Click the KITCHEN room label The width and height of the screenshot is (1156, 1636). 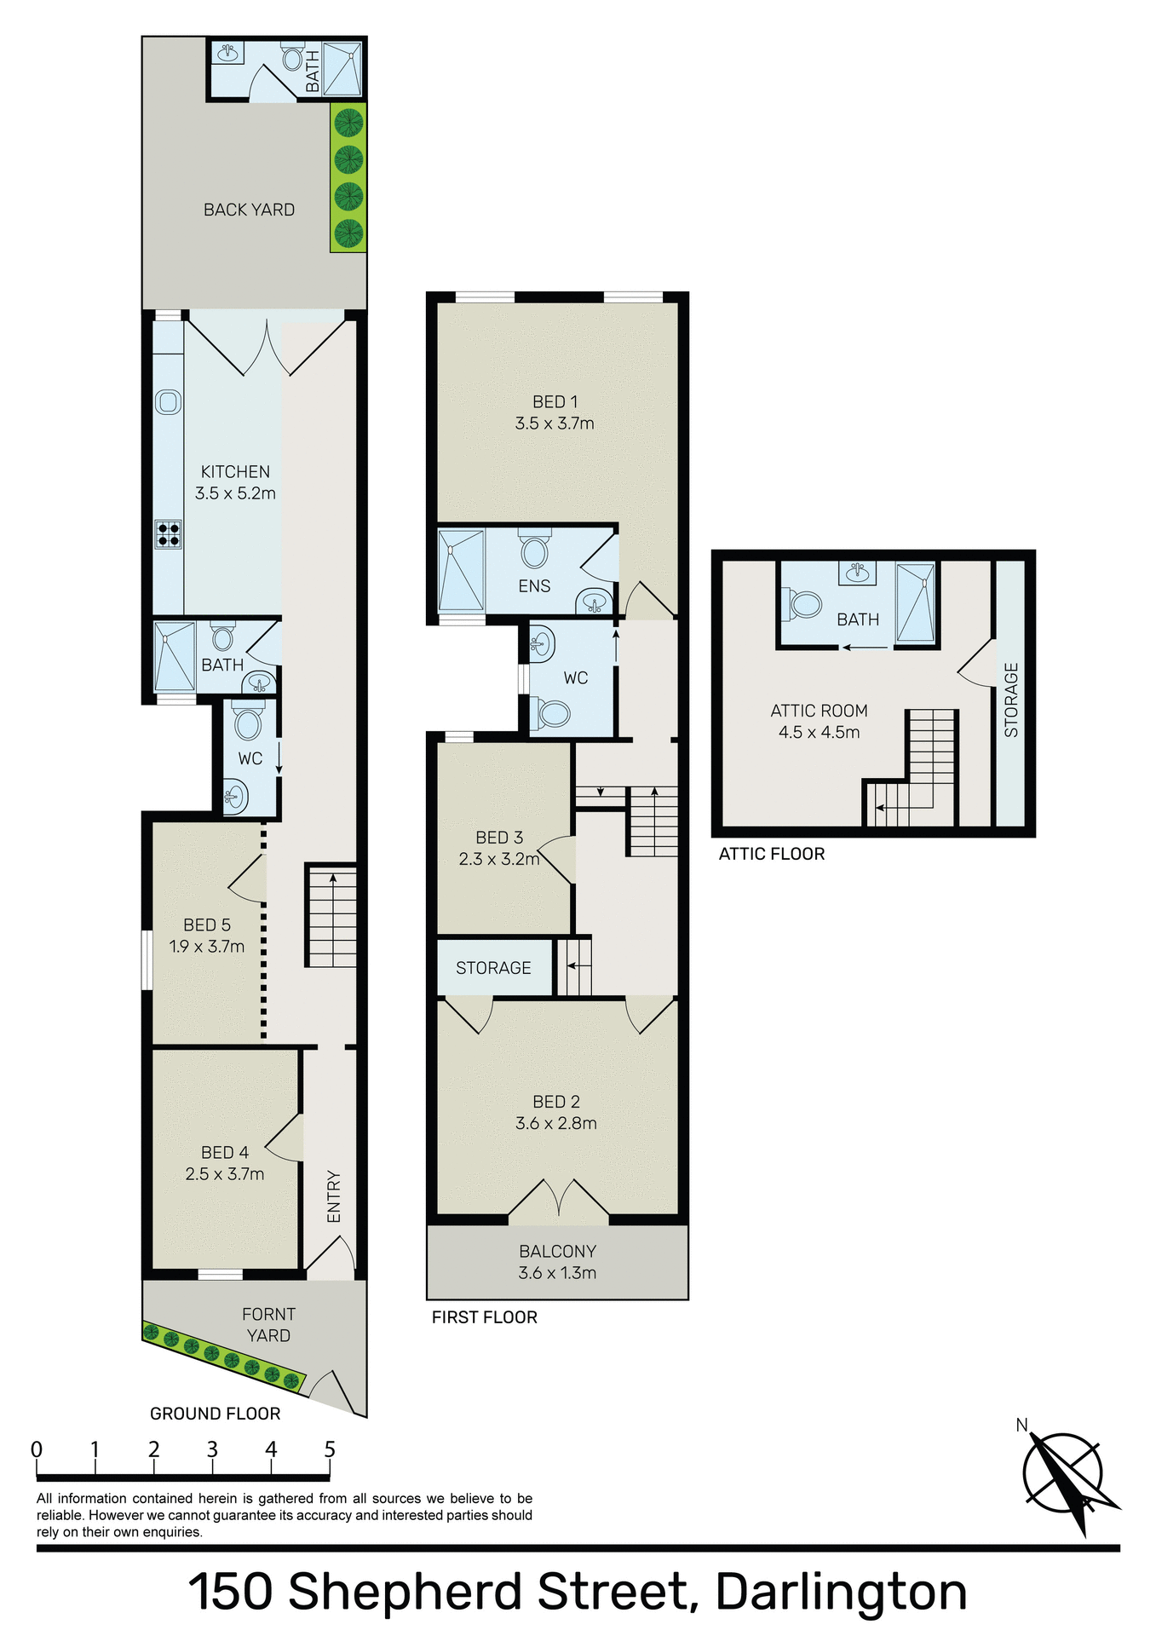[235, 471]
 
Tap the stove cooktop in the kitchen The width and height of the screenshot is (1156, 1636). [168, 534]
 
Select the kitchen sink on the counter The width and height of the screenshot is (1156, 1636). [168, 402]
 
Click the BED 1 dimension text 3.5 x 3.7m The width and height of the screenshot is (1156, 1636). [555, 423]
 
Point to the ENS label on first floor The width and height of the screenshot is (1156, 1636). [534, 586]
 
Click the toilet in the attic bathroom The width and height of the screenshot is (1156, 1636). [803, 604]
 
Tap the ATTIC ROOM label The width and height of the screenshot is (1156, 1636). [819, 711]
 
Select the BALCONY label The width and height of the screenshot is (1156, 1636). [557, 1251]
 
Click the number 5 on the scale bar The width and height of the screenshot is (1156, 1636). [330, 1449]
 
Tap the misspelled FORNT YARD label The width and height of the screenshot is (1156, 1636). [268, 1325]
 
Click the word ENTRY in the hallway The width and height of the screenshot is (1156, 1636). [334, 1196]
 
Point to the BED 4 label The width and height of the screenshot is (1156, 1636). [225, 1152]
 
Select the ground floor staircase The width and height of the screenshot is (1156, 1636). [331, 916]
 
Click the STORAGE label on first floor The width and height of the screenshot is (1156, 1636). [493, 968]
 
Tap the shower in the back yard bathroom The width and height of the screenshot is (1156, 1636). [343, 69]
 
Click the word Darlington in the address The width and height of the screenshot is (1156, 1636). [841, 1592]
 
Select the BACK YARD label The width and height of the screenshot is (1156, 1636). [249, 210]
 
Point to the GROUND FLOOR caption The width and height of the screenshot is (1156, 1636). [215, 1414]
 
